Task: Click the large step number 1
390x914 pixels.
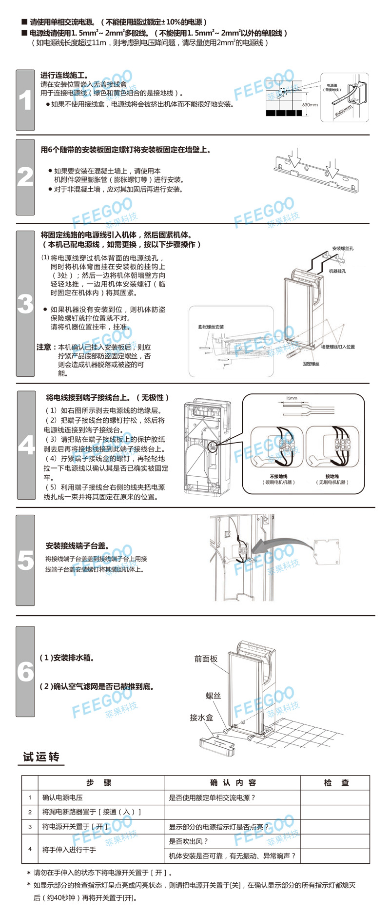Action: (x=25, y=101)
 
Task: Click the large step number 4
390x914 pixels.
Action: (x=26, y=445)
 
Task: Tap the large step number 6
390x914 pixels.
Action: (x=25, y=672)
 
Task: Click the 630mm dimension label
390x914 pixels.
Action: (x=310, y=105)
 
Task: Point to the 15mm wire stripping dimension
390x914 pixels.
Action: (x=292, y=398)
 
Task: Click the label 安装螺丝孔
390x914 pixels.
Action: (x=343, y=249)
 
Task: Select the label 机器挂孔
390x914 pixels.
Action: (x=337, y=271)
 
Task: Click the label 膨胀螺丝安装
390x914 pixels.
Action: (x=211, y=327)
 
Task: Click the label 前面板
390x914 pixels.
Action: (x=206, y=659)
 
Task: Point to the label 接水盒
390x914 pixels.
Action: (x=201, y=718)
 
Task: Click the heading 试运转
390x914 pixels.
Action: (x=41, y=757)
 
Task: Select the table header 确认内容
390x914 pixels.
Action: (x=233, y=783)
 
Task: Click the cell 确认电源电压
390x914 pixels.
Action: (x=62, y=798)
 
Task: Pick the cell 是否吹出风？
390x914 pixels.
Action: (x=189, y=841)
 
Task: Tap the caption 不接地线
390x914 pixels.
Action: (x=278, y=477)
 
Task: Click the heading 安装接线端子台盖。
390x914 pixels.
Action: (x=78, y=546)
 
